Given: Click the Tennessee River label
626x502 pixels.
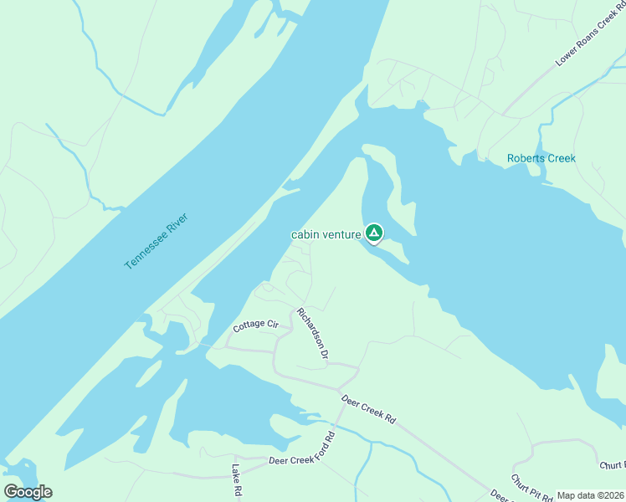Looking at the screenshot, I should [x=156, y=241].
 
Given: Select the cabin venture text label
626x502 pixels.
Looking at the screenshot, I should [x=326, y=235].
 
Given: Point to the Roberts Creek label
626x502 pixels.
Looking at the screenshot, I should [x=541, y=158].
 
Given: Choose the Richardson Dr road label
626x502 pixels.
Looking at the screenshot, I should [x=311, y=334].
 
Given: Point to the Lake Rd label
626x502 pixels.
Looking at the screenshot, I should [x=237, y=483].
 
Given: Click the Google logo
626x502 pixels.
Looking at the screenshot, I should [x=28, y=492].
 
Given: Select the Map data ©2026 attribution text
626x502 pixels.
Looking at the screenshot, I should [x=590, y=495].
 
